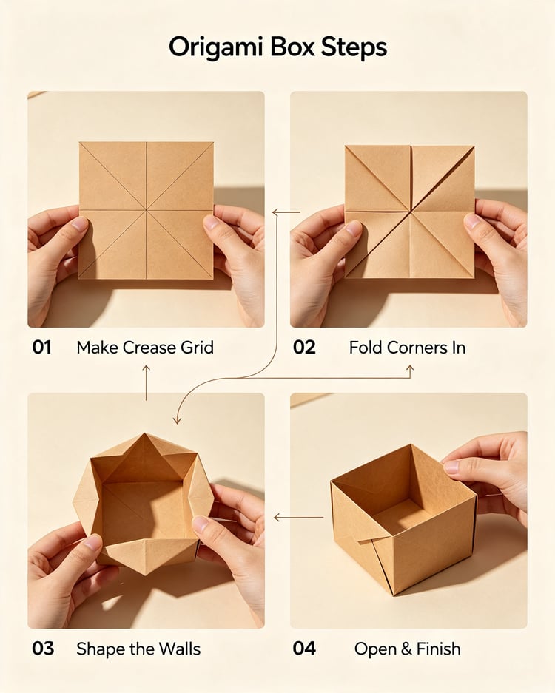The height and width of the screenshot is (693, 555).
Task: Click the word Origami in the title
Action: [x=216, y=47]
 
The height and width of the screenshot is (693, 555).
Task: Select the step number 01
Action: [x=42, y=348]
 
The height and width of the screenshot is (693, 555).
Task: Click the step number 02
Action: [x=304, y=348]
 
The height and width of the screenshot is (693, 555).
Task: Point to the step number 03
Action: [x=43, y=649]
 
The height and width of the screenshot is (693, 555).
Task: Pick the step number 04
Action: [x=304, y=649]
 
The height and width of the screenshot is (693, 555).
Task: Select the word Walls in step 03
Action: [x=180, y=649]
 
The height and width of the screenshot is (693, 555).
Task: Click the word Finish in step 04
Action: [x=438, y=649]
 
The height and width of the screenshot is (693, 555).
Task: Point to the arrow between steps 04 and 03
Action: [x=298, y=517]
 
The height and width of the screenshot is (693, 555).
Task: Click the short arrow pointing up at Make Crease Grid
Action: [x=146, y=382]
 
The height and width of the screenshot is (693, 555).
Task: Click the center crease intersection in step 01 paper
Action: [x=147, y=210]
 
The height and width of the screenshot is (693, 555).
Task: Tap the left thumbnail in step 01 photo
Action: [x=80, y=223]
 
